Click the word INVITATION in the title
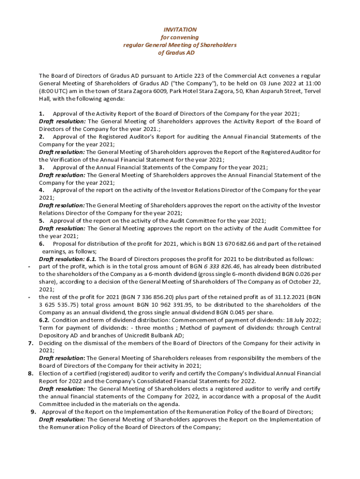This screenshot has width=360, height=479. pyautogui.click(x=180, y=29)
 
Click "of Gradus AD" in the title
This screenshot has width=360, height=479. pyautogui.click(x=180, y=53)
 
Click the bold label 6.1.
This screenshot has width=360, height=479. pyautogui.click(x=91, y=259)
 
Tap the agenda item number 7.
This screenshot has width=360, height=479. pyautogui.click(x=30, y=343)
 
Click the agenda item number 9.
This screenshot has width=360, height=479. pyautogui.click(x=33, y=412)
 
